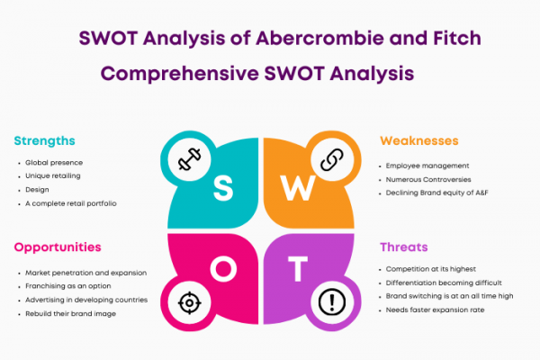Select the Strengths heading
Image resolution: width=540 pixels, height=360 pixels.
[x=44, y=141]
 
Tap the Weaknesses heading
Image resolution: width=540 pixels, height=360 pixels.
[x=419, y=141]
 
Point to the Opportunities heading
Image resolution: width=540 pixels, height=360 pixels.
[x=58, y=247]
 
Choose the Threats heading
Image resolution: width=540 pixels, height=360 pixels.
[x=403, y=247]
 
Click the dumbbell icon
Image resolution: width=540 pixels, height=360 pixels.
[x=189, y=159]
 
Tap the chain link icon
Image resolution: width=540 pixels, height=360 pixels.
[x=332, y=159]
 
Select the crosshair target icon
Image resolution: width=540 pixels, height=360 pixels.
[x=189, y=302]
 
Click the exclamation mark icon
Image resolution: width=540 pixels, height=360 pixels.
[x=332, y=302]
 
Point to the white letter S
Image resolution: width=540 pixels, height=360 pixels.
[x=223, y=188]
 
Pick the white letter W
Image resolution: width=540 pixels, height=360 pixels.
[x=298, y=188]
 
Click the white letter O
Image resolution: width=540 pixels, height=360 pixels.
[x=223, y=269]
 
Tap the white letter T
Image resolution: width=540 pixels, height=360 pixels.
[x=298, y=268]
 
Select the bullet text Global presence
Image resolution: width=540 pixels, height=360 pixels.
[x=54, y=163]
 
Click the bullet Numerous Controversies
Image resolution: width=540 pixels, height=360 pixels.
[x=428, y=179]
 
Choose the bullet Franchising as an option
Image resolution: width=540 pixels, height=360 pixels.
[x=68, y=286]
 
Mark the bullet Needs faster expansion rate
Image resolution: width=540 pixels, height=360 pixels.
[x=435, y=310]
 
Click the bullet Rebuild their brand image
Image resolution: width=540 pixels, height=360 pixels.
[x=70, y=313]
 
